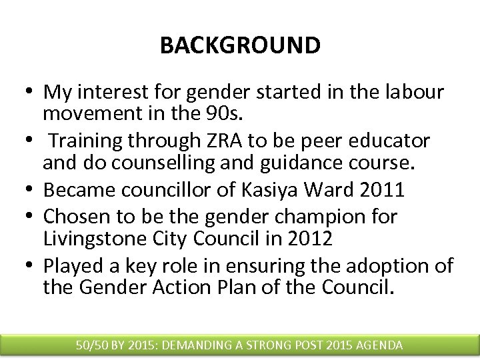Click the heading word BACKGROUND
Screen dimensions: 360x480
[x=240, y=45]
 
